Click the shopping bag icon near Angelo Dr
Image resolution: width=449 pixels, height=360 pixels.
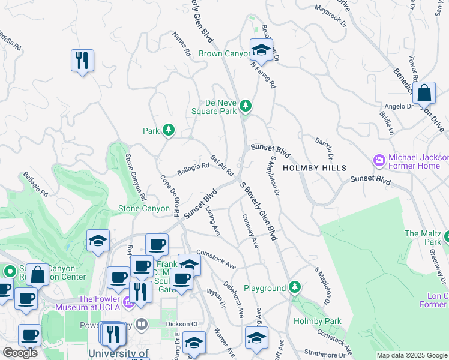click(x=424, y=93)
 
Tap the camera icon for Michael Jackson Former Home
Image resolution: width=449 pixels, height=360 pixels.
click(x=379, y=160)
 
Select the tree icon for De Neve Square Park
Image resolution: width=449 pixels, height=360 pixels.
click(x=245, y=106)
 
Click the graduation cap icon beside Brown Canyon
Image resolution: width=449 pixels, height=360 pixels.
click(x=261, y=50)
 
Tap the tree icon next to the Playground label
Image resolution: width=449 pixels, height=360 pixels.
click(x=294, y=288)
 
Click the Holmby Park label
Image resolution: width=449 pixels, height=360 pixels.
click(x=317, y=321)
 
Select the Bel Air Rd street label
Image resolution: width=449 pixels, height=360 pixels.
click(x=222, y=165)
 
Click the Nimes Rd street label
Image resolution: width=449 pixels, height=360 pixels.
click(x=181, y=43)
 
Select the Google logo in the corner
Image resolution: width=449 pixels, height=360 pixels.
click(x=20, y=353)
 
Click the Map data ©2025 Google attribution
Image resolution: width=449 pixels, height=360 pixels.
click(x=412, y=355)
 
